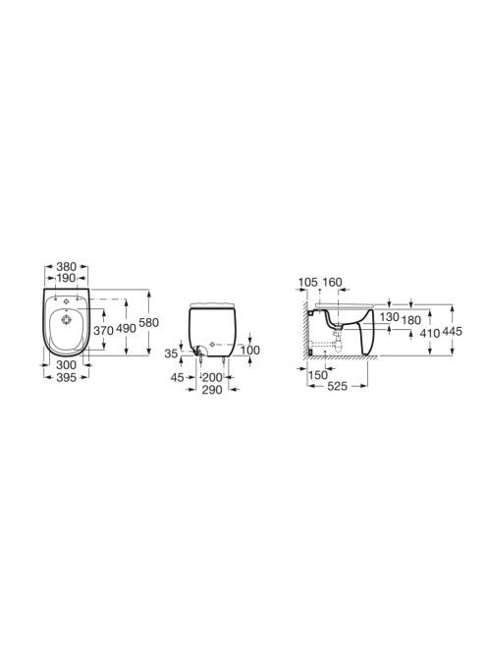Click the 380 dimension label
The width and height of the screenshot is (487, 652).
point(66,266)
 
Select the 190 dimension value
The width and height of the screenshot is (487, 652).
point(66,277)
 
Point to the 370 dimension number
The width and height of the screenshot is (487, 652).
point(103,331)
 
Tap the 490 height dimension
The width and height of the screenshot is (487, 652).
point(126,328)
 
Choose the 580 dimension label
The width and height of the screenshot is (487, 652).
point(148,322)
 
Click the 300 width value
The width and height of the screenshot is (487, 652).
point(66,364)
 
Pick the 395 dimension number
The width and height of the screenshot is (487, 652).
point(66,377)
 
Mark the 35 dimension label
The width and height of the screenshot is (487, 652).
point(171,353)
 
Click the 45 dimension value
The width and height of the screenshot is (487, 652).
point(177,377)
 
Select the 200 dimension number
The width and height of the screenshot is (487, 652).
point(212,378)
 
